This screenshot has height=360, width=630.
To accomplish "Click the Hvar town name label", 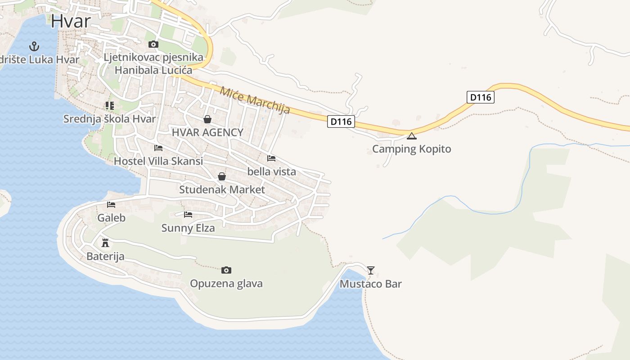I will pos(71,21).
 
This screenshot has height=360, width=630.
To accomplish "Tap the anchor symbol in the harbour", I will pos(34,46).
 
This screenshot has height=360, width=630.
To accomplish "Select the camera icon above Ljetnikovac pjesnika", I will pos(153,44).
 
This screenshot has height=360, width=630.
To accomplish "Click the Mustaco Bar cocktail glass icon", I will pos(370,270).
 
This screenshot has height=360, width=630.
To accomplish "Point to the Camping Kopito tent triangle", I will pos(411,136).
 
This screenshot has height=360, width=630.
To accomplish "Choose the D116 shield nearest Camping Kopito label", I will pos(341,121).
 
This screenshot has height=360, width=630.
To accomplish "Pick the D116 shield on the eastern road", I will pos(480,97).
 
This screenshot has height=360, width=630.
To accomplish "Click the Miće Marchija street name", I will pos(255,100).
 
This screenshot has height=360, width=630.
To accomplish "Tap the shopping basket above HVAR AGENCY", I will pos(207,119).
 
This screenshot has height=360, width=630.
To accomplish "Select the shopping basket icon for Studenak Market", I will pos(221,176).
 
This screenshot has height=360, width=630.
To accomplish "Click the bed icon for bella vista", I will pos(271,158).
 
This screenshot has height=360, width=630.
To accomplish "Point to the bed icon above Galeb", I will pos(111,205).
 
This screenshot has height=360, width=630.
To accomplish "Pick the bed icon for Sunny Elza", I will pos(188,215).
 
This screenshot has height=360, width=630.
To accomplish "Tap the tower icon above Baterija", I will pos(105,243).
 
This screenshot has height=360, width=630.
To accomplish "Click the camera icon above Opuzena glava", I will pos(226,270).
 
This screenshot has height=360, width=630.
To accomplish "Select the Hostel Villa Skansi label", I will pos(158,161).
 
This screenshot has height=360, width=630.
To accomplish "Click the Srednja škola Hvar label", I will pos(109,119).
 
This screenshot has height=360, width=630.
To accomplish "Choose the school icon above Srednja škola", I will pos(109,106).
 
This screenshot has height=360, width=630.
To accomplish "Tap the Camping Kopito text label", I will pos(411,149).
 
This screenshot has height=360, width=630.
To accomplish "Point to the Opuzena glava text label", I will pos(226,283).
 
